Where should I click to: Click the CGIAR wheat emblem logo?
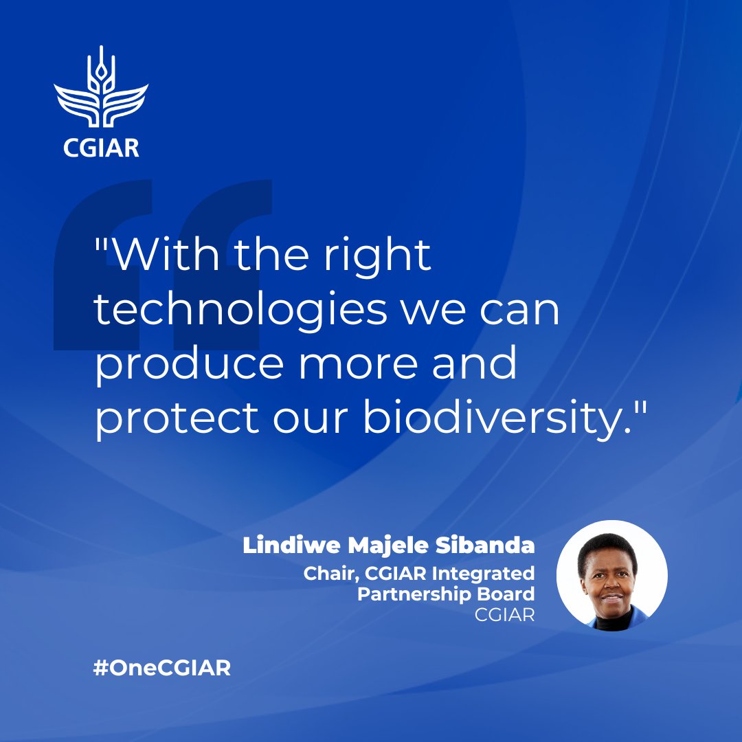tap(101, 90)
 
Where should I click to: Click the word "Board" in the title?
tap(506, 594)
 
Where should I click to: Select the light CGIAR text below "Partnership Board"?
tap(504, 615)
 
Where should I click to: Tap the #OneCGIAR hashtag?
tap(162, 668)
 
